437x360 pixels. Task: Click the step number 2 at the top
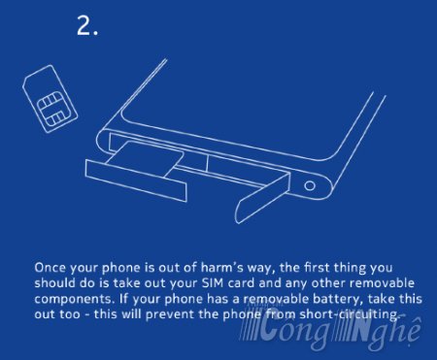pos(86,26)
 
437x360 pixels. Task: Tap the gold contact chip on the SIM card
pos(50,108)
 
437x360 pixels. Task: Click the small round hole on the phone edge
pos(310,185)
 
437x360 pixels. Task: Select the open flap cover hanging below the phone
pos(263,197)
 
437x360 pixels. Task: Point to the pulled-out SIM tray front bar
pos(136,180)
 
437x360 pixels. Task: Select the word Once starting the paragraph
pos(50,268)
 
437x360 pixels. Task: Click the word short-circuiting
pos(351,314)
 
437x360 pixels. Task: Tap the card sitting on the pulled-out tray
pos(144,158)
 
